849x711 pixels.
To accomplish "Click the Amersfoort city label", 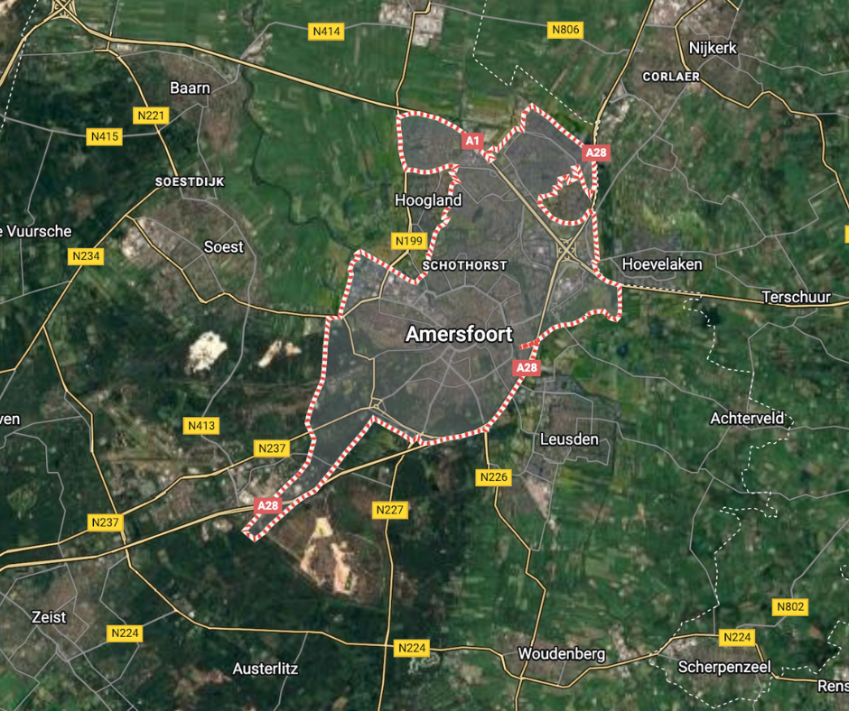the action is [x=459, y=334].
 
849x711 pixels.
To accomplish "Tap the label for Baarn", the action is [x=190, y=88].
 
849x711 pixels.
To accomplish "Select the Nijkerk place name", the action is [x=713, y=48].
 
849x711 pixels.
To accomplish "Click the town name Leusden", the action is [x=568, y=439].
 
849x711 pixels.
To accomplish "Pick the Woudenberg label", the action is [x=561, y=653].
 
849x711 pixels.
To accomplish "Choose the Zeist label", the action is [x=49, y=617].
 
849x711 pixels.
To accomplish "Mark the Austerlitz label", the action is [x=266, y=669].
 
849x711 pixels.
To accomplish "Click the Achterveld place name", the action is [x=747, y=418].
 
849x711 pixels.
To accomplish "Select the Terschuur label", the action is [x=796, y=296].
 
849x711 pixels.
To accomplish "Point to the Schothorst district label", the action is [x=464, y=265].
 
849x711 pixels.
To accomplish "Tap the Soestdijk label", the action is [x=190, y=181].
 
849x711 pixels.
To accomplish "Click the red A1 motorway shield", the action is [x=472, y=141].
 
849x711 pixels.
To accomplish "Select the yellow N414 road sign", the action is [x=326, y=32].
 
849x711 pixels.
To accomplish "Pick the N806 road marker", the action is [x=565, y=30].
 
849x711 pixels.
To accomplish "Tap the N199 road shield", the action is [x=409, y=241].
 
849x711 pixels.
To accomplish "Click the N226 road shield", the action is [x=494, y=476].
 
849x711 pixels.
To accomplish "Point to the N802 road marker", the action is [x=789, y=607].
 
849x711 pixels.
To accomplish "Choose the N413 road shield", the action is [x=201, y=425].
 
